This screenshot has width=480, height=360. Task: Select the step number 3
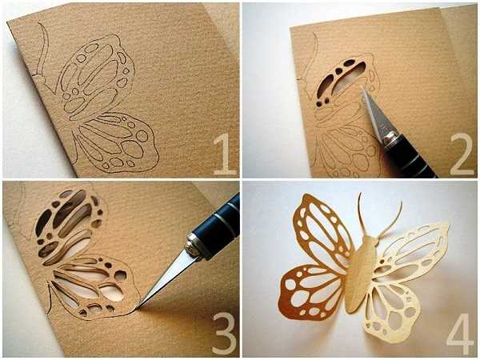click(x=225, y=334)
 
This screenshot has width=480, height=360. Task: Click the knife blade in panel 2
click(x=373, y=114)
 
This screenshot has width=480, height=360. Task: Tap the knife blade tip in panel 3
click(x=138, y=306)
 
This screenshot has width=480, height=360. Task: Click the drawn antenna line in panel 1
click(x=44, y=46)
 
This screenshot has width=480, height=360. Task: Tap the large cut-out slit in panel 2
click(x=346, y=77)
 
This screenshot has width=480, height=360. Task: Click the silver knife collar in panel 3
click(x=194, y=245)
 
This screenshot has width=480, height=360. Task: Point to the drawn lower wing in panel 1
click(x=114, y=141)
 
